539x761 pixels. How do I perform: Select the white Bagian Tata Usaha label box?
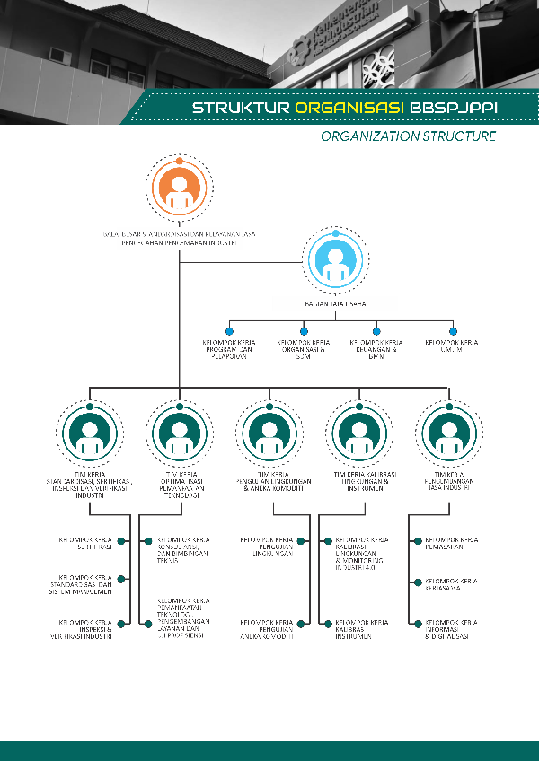(x=335, y=303)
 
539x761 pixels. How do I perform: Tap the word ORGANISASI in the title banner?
(x=349, y=109)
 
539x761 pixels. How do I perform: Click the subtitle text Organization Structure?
(x=408, y=136)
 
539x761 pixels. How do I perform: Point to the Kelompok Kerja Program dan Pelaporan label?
(x=228, y=349)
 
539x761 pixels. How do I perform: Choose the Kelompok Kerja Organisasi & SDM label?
(x=303, y=349)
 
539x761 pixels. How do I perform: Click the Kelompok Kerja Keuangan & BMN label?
(x=376, y=349)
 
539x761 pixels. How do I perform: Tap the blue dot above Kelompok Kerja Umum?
(x=453, y=331)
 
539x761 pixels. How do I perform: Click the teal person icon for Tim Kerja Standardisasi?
(x=89, y=432)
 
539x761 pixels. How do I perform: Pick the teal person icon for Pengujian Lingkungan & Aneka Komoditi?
(x=269, y=432)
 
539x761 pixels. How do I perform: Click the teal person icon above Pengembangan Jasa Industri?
(x=448, y=432)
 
